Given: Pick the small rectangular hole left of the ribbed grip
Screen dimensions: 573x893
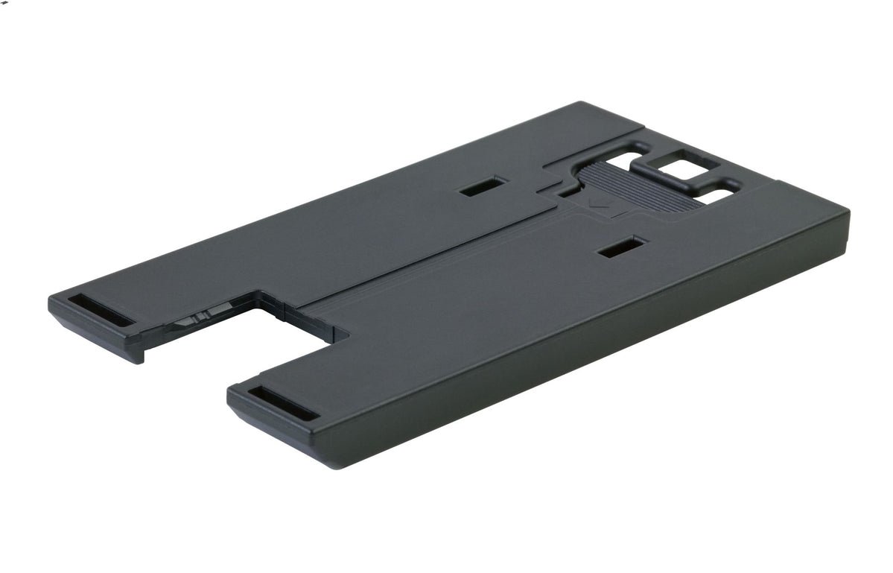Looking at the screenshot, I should coord(483,186).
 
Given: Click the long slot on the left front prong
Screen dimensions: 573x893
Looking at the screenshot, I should coord(101,308).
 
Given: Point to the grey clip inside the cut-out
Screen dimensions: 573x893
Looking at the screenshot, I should coord(195,323).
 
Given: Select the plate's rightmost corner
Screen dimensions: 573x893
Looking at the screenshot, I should coord(848,212).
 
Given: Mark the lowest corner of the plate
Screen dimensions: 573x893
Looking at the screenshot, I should coord(328,466).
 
